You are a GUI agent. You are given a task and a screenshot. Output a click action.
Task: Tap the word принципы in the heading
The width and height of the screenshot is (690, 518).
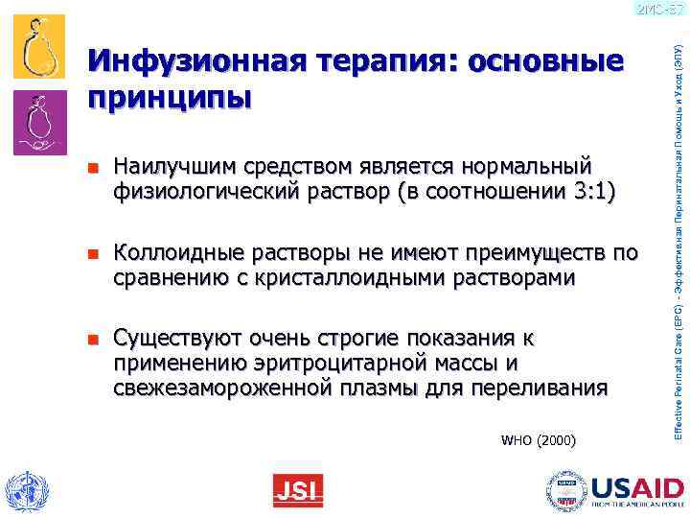pos(170,98)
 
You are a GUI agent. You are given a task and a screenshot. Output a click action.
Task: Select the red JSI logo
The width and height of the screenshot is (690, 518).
pos(298,490)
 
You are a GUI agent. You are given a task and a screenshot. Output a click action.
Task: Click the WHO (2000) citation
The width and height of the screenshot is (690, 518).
pos(539,441)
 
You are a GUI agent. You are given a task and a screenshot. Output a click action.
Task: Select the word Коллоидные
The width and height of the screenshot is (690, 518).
pos(177,254)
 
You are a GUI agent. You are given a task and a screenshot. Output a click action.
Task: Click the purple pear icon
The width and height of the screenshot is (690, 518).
pos(40,121)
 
